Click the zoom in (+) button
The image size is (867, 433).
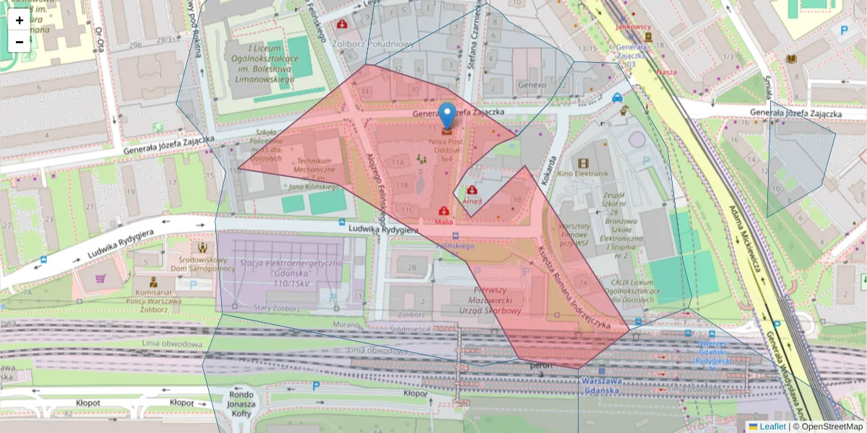[20, 20]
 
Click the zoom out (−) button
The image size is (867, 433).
[20, 42]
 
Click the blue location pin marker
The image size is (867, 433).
[448, 115]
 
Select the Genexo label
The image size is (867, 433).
[532, 84]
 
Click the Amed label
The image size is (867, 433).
[473, 201]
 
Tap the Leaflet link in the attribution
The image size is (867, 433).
[772, 427]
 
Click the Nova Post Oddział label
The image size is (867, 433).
[450, 146]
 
